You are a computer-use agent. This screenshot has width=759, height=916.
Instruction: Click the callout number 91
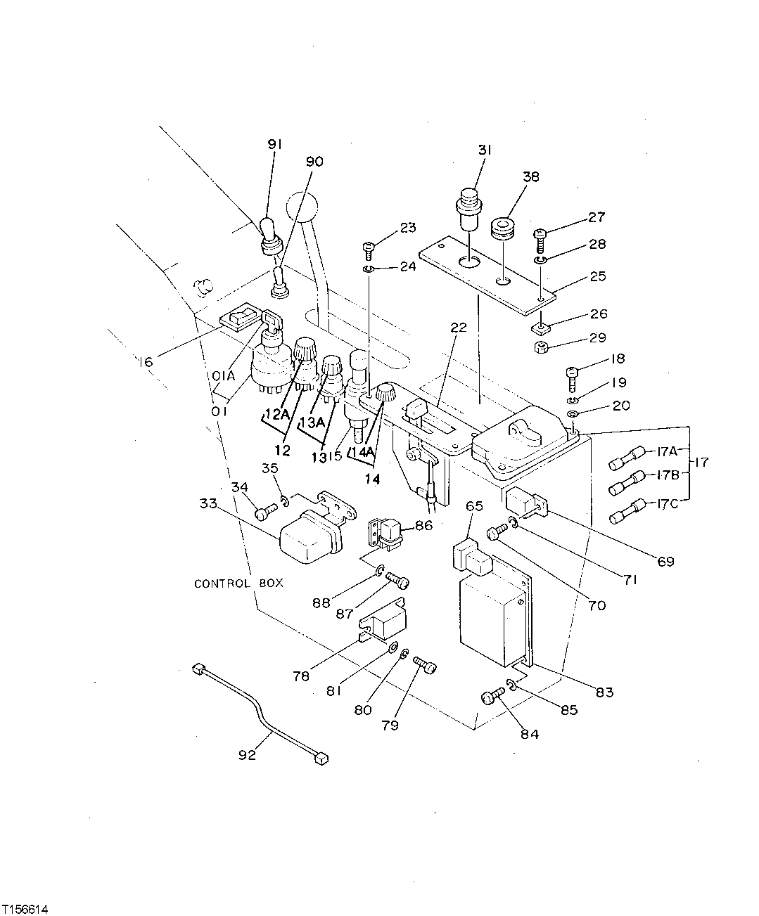tap(274, 144)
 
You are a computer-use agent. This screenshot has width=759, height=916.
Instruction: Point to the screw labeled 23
tap(368, 248)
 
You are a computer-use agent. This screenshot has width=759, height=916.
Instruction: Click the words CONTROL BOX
tap(238, 583)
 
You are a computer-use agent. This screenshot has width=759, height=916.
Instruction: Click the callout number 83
tap(604, 692)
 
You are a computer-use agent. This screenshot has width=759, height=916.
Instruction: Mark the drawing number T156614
tap(26, 903)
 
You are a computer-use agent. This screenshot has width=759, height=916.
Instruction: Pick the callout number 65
tap(475, 505)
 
